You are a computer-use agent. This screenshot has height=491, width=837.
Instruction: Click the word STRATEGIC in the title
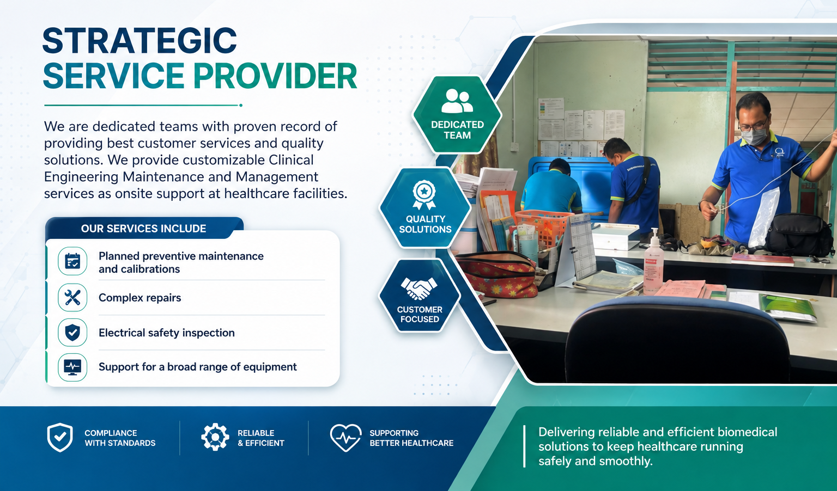pyautogui.click(x=139, y=40)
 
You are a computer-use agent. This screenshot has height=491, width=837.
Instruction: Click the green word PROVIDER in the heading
pyautogui.click(x=275, y=76)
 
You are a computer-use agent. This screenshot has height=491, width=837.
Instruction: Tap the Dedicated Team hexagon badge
pyautogui.click(x=457, y=115)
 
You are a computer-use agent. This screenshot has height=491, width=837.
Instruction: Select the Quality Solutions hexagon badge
pyautogui.click(x=425, y=207)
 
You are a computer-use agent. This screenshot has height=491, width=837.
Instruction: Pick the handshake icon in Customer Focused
pyautogui.click(x=419, y=289)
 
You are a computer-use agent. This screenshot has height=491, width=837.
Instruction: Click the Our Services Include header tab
pyautogui.click(x=144, y=228)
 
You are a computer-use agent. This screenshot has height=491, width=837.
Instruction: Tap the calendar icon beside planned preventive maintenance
pyautogui.click(x=72, y=261)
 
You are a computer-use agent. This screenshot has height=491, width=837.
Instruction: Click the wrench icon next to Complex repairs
pyautogui.click(x=72, y=298)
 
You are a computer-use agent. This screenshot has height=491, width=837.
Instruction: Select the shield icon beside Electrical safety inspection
pyautogui.click(x=72, y=332)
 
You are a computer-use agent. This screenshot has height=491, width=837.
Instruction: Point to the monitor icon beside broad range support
pyautogui.click(x=72, y=367)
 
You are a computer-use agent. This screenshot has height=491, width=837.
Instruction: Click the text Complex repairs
pyautogui.click(x=139, y=298)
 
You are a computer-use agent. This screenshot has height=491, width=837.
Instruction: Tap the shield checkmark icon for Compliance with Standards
pyautogui.click(x=60, y=437)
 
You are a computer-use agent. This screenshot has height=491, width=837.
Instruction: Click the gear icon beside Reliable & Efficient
pyautogui.click(x=215, y=437)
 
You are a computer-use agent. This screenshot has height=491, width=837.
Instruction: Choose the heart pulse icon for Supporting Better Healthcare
pyautogui.click(x=345, y=438)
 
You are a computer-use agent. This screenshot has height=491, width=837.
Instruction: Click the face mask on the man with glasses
pyautogui.click(x=753, y=137)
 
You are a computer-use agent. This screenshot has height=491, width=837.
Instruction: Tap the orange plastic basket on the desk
pyautogui.click(x=545, y=227)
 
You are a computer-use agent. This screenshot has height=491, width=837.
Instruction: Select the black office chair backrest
pyautogui.click(x=676, y=340)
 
